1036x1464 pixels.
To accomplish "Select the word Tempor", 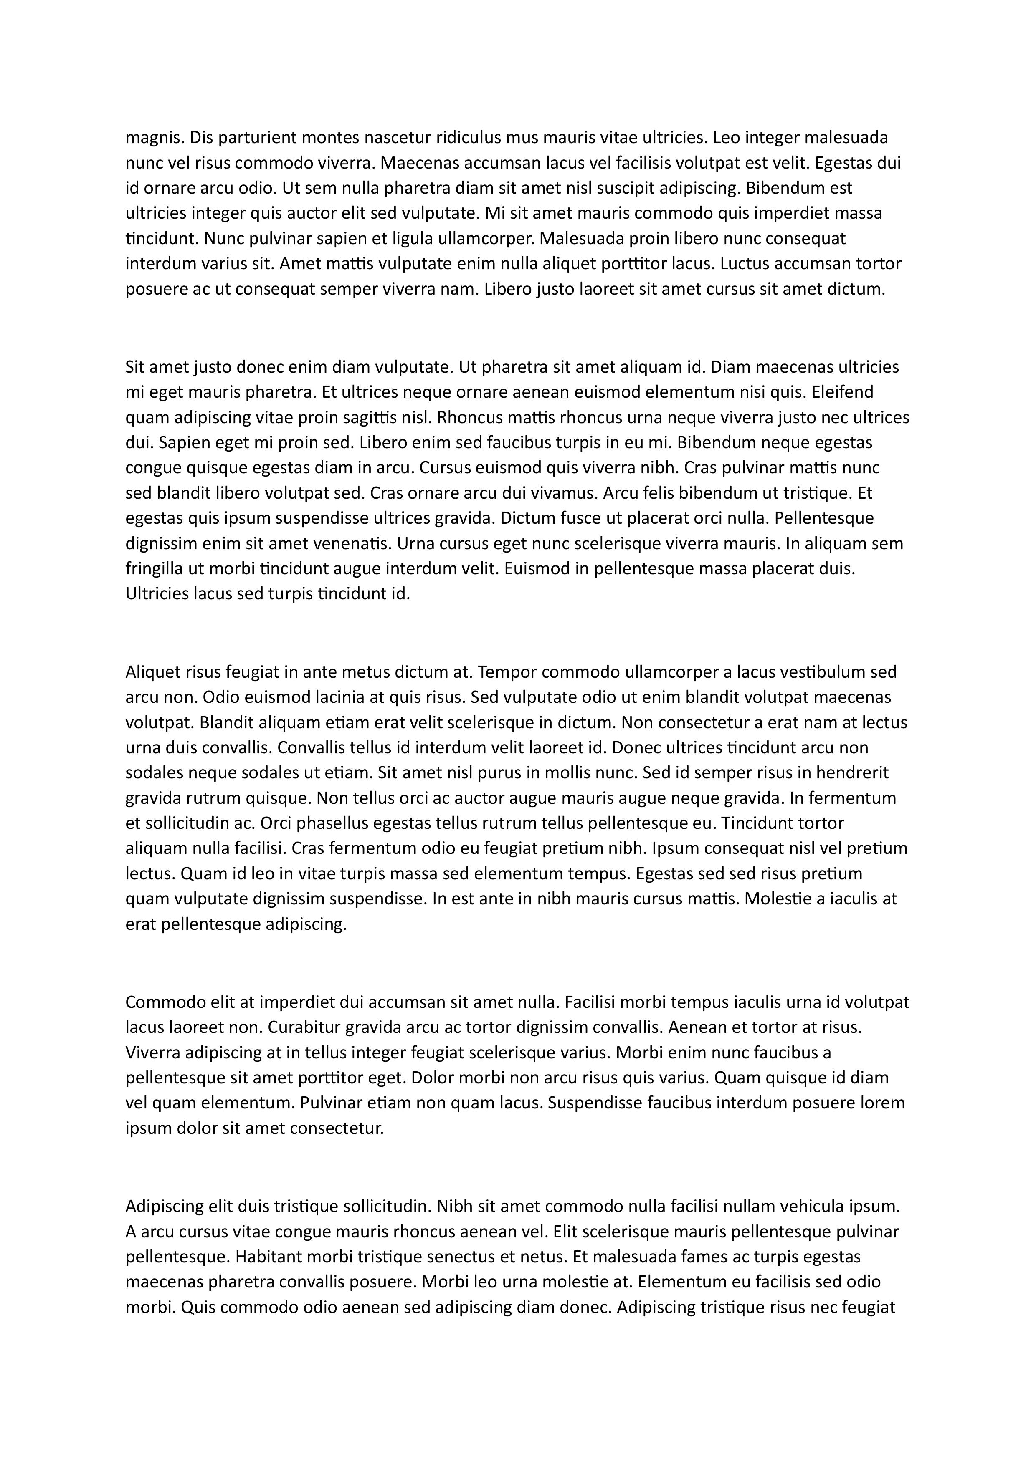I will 506,672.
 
